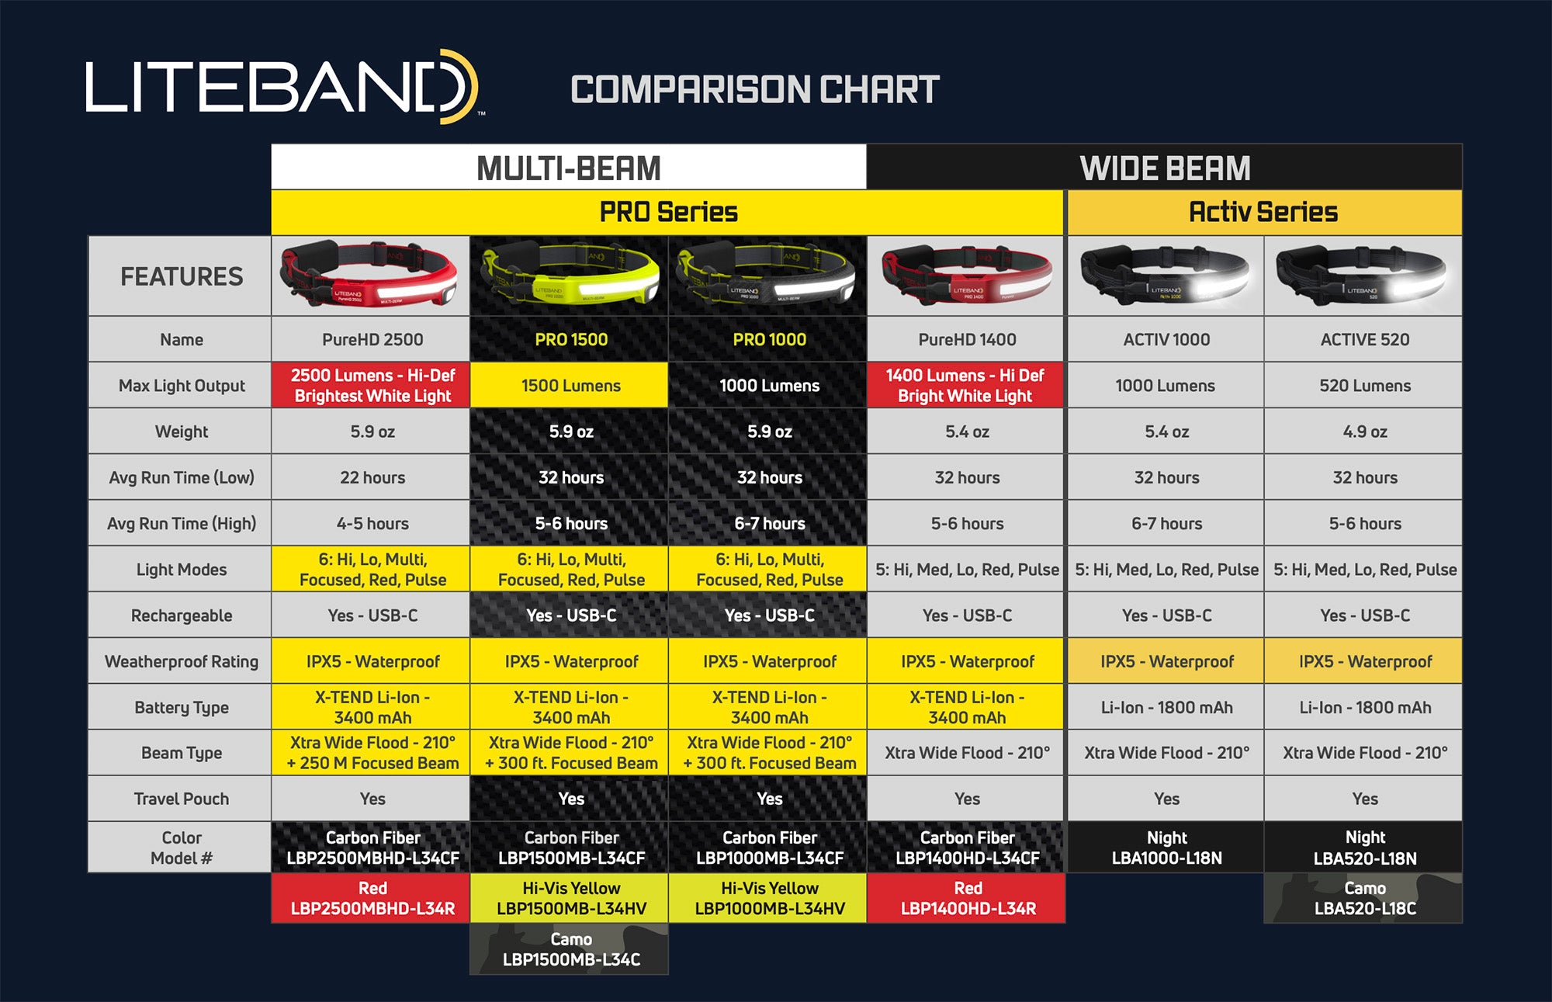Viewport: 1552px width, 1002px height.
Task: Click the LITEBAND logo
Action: click(x=284, y=86)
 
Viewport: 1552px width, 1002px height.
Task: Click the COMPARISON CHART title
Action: click(x=754, y=89)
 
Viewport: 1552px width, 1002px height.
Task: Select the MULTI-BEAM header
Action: click(x=569, y=168)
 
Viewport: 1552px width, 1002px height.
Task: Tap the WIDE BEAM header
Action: click(x=1165, y=168)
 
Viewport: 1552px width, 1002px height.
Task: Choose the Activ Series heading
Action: click(x=1264, y=212)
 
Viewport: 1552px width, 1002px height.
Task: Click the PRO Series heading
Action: click(x=667, y=212)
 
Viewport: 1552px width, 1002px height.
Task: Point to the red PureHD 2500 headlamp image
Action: click(x=370, y=275)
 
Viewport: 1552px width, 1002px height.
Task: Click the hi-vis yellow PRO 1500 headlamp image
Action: click(x=570, y=275)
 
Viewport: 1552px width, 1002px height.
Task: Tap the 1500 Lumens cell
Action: click(x=570, y=385)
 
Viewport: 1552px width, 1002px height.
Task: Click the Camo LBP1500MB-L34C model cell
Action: click(x=570, y=949)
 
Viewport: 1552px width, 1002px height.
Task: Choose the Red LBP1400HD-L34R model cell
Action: click(x=967, y=898)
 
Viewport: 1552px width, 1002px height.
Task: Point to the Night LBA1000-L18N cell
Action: click(x=1166, y=848)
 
